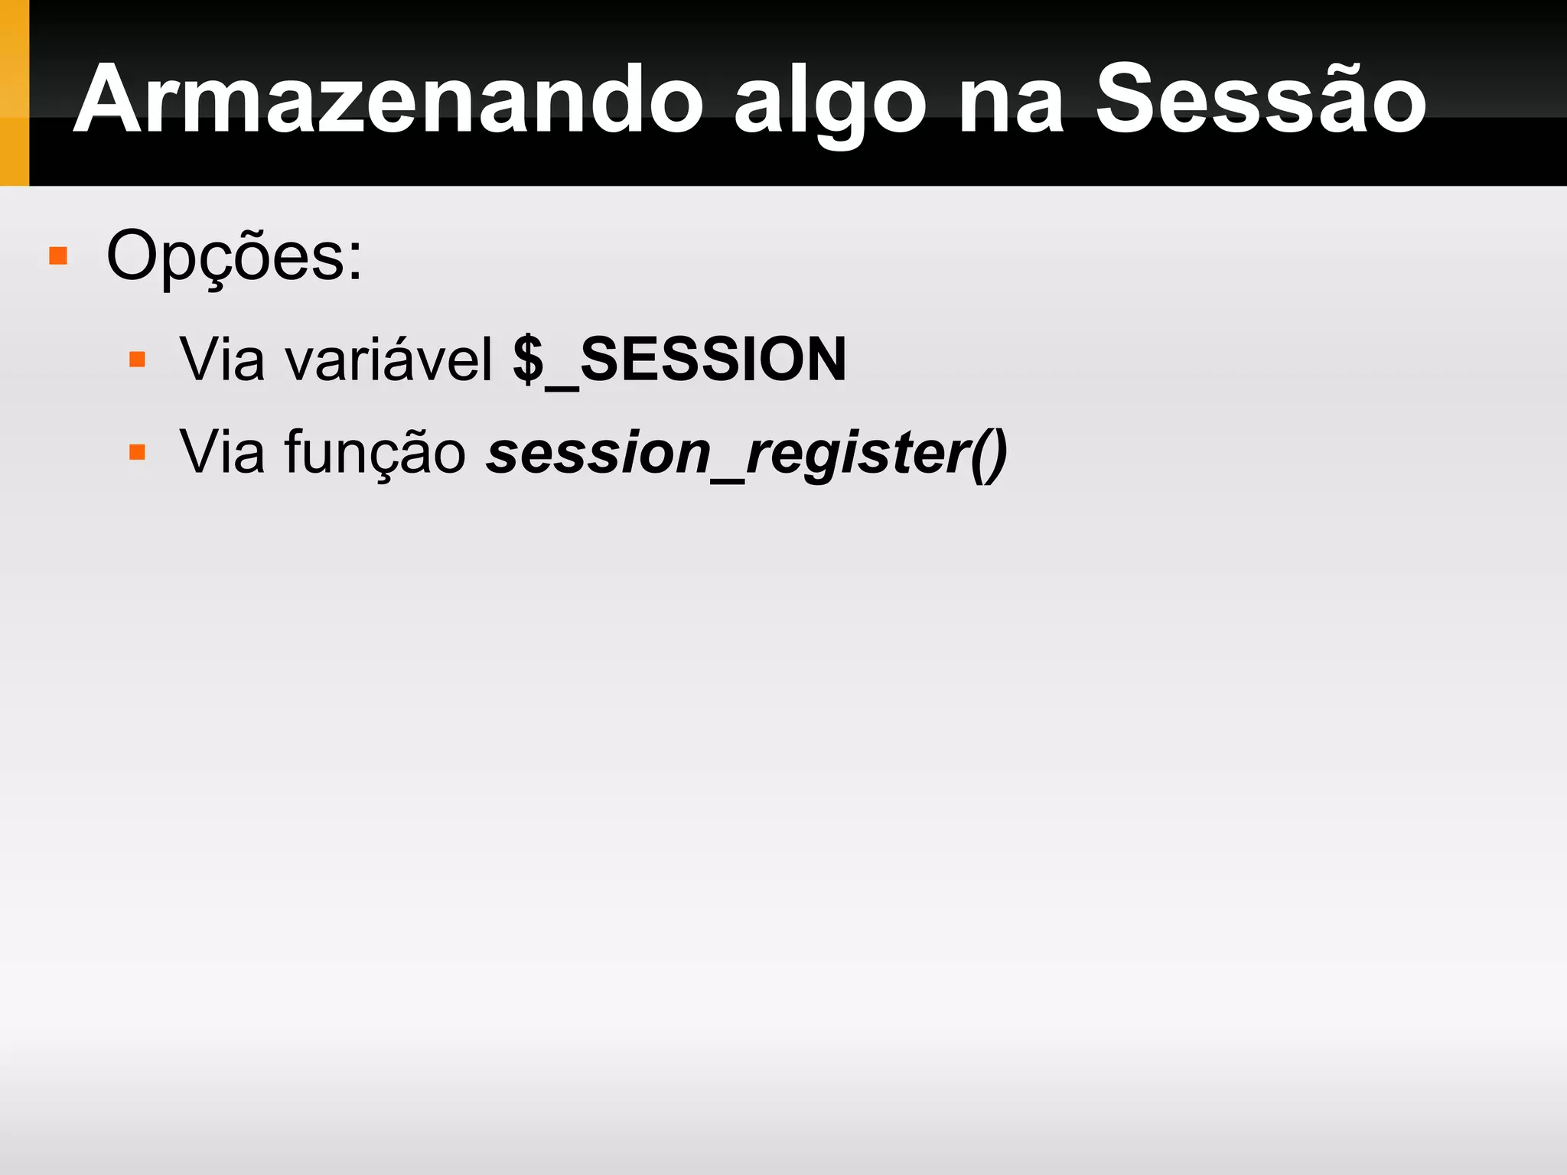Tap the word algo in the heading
coord(829,103)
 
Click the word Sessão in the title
coord(1260,99)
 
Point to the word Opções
coord(233,256)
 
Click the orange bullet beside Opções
coord(58,256)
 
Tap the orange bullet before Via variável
coord(138,360)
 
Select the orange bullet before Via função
coord(138,452)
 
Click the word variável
coord(389,359)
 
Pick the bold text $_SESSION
coord(679,359)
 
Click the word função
coord(375,453)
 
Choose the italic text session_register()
coord(746,453)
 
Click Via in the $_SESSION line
coord(222,359)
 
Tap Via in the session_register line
coord(222,452)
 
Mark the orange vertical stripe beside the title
coord(14,93)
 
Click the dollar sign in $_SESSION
coord(528,359)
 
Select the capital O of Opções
coord(132,256)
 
